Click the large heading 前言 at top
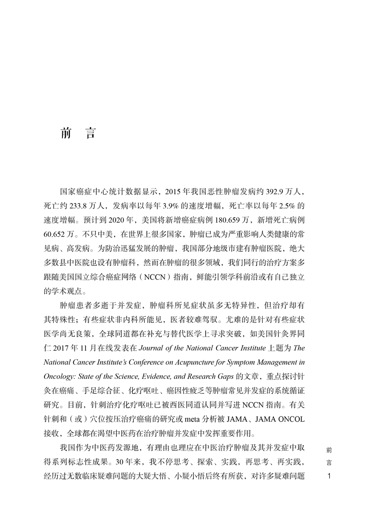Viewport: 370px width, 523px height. [x=77, y=133]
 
